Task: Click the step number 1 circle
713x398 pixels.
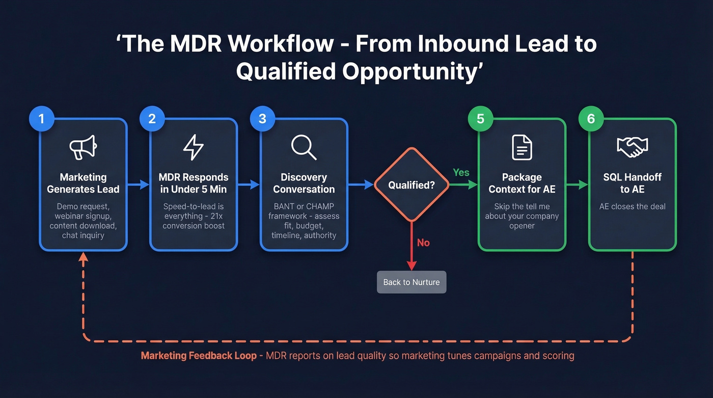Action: click(x=42, y=119)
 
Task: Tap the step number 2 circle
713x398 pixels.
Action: click(x=152, y=119)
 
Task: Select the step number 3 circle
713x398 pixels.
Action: click(x=262, y=119)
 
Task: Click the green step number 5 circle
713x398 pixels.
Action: click(x=480, y=119)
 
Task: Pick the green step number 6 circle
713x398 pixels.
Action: click(x=591, y=119)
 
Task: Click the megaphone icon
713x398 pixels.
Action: click(x=83, y=147)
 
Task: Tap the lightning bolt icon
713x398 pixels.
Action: click(x=194, y=147)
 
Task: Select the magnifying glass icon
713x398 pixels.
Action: click(x=304, y=147)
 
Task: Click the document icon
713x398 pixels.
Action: click(x=522, y=147)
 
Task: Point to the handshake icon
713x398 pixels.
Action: click(x=632, y=147)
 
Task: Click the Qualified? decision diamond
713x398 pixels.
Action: click(x=412, y=185)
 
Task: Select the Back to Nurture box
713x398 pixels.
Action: click(x=412, y=282)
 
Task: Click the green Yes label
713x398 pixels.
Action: click(x=461, y=173)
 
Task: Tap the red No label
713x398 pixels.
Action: click(x=423, y=243)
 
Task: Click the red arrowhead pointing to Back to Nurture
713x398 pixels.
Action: click(x=412, y=265)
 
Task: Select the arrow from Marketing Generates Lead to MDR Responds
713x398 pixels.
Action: click(x=138, y=185)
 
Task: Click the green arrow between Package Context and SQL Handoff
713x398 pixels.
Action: click(x=578, y=185)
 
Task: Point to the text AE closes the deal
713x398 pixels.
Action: click(x=632, y=206)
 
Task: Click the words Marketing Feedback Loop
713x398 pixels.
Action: click(x=199, y=356)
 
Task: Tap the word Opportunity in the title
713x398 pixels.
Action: click(x=409, y=71)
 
